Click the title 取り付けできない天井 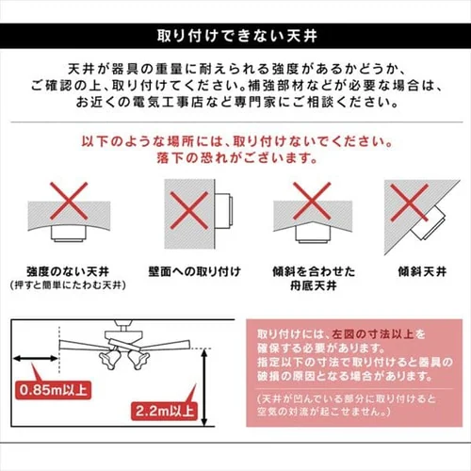[x=235, y=38]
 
